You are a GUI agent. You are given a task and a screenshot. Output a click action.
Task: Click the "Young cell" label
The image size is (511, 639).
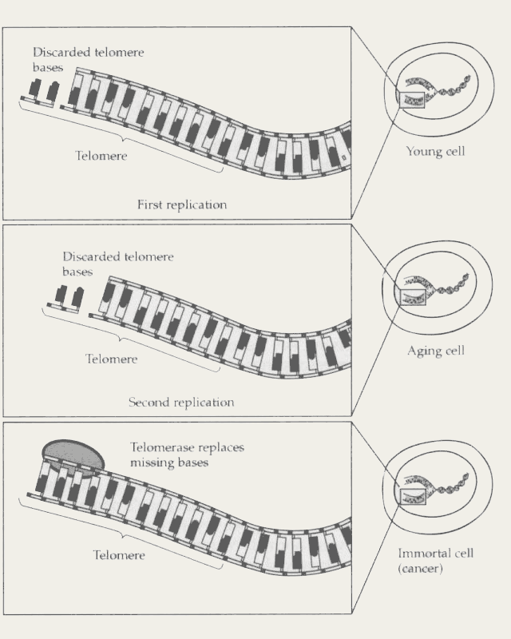tap(435, 151)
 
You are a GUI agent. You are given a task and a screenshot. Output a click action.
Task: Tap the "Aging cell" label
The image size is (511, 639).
tap(435, 350)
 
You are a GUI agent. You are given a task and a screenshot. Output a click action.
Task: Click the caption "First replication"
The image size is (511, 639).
tap(182, 204)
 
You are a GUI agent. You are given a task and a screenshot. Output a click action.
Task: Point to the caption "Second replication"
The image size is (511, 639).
tap(181, 403)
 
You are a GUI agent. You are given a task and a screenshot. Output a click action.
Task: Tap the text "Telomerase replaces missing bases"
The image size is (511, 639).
tap(187, 455)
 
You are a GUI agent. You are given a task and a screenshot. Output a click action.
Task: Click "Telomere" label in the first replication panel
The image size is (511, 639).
tap(101, 157)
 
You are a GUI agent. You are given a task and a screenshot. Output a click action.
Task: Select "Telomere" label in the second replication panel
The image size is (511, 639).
tap(112, 359)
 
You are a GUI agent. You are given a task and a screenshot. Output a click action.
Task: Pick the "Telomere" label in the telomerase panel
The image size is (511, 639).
tap(119, 555)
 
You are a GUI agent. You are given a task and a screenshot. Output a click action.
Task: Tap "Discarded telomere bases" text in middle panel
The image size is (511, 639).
tap(117, 264)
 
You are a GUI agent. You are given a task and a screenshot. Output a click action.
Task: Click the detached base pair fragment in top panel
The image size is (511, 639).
tap(39, 94)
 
